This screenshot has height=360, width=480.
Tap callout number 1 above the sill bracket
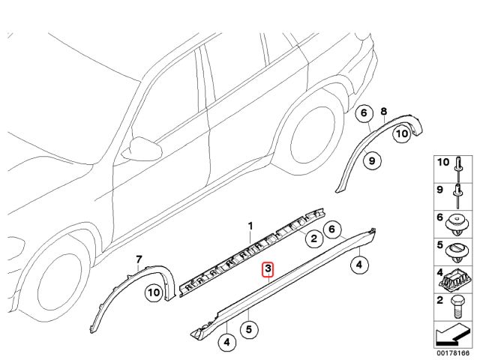coord(251,225)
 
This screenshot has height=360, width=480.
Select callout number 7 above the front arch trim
coord(138,260)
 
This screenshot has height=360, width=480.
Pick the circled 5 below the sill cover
coord(248,328)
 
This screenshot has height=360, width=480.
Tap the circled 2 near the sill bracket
coord(314,239)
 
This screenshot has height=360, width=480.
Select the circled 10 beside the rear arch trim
coord(402,133)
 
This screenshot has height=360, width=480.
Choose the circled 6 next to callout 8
coord(364,114)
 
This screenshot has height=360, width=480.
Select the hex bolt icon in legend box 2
coord(456,306)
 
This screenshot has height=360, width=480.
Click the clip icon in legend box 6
coord(456,223)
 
